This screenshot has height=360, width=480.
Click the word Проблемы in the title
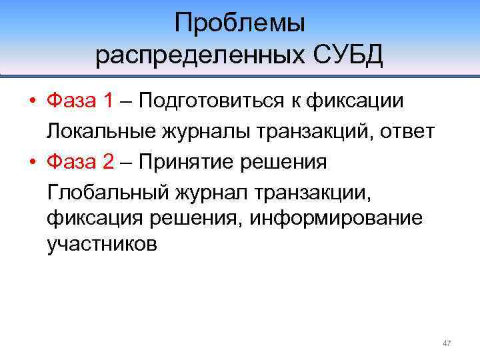click(x=239, y=25)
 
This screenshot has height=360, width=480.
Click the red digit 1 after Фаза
click(x=108, y=101)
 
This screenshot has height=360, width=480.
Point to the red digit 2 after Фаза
click(x=109, y=162)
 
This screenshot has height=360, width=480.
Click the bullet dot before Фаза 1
click(x=32, y=102)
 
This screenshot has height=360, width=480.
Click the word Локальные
click(x=100, y=132)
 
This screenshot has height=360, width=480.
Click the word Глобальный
click(x=108, y=193)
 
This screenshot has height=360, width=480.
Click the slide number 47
click(x=447, y=343)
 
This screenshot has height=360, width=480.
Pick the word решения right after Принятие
click(x=287, y=162)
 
